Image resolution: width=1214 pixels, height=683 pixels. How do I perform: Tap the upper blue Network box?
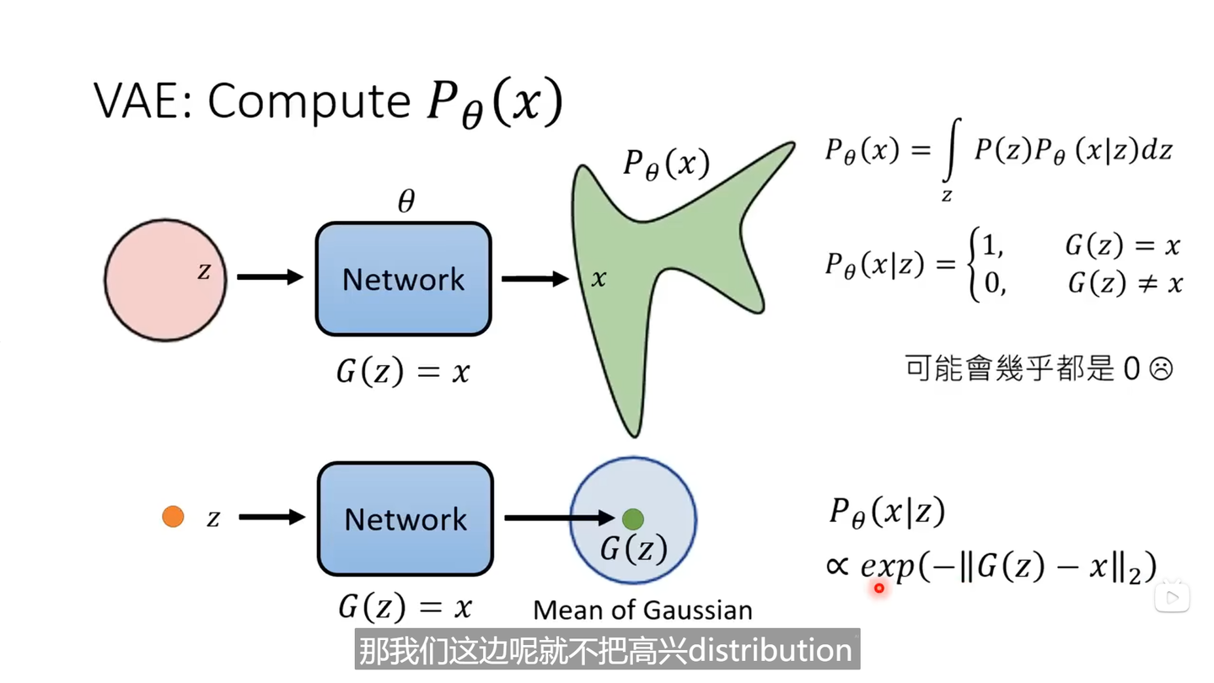(403, 279)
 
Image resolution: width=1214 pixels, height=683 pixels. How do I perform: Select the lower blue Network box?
(405, 519)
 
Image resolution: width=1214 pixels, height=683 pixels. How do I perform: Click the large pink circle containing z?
(165, 280)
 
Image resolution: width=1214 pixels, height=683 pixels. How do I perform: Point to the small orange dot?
(173, 517)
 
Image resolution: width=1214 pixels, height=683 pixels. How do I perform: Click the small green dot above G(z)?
(633, 519)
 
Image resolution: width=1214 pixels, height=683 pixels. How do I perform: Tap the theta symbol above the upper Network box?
(406, 202)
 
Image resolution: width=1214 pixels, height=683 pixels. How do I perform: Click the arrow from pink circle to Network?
(270, 277)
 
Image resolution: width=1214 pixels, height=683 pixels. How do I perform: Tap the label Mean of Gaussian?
(642, 610)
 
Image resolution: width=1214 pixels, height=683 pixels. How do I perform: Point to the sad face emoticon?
(1161, 368)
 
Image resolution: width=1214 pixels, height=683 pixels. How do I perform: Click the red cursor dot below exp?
(878, 588)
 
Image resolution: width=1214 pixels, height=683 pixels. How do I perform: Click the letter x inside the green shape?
(599, 279)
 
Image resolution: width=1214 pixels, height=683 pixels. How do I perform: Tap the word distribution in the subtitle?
(770, 650)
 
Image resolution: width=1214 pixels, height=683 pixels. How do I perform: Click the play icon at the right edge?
(1171, 597)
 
